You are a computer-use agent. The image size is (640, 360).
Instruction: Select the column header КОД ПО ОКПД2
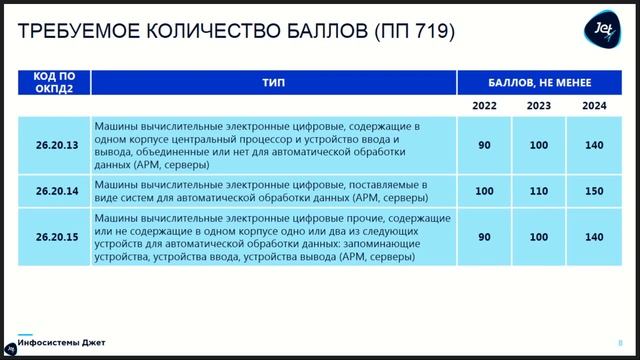click(54, 84)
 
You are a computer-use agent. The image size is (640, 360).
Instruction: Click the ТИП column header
click(273, 84)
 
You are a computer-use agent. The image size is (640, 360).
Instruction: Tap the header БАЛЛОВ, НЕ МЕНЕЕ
click(540, 84)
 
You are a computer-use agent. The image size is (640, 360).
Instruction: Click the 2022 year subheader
click(484, 105)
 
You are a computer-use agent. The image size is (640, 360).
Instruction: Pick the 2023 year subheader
click(539, 105)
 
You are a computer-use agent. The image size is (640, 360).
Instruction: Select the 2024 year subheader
click(594, 105)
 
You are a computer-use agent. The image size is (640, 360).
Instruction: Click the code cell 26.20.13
click(54, 146)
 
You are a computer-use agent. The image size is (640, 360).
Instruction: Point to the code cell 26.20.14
click(54, 191)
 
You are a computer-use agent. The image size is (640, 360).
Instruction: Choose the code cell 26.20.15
click(54, 238)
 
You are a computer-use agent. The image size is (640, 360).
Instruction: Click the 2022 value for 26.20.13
click(484, 146)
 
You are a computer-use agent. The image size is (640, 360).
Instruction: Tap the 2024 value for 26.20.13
click(594, 146)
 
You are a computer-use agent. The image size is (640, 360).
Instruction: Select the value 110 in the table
click(539, 191)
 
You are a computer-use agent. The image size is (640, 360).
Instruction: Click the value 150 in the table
click(594, 191)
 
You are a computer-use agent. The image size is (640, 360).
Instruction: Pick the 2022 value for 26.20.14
click(484, 191)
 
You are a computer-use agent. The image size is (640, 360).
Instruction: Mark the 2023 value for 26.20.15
click(539, 238)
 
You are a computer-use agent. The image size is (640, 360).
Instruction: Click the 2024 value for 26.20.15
click(594, 238)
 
